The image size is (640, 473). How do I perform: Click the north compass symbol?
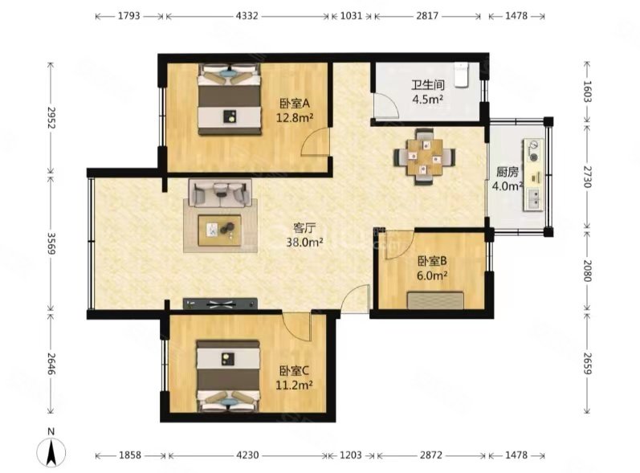tap(51, 452)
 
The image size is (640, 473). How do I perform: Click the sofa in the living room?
tap(220, 193)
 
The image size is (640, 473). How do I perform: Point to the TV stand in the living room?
tap(220, 304)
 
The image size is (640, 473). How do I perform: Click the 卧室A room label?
tap(295, 104)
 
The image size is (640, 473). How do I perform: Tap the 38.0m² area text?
tap(304, 243)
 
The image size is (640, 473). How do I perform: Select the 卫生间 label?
tap(427, 85)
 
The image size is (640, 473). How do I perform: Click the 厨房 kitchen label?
tap(508, 172)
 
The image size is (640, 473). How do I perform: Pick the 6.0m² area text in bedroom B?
tap(432, 275)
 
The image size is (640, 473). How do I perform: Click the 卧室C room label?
tap(294, 370)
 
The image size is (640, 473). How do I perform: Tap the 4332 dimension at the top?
tap(247, 16)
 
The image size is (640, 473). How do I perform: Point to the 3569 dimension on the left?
tap(51, 243)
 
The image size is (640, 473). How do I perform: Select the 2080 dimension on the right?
tap(587, 271)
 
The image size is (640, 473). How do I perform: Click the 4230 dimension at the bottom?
tap(247, 455)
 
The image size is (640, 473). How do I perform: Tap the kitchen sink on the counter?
tap(534, 200)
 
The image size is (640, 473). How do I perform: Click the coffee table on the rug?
tap(219, 230)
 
